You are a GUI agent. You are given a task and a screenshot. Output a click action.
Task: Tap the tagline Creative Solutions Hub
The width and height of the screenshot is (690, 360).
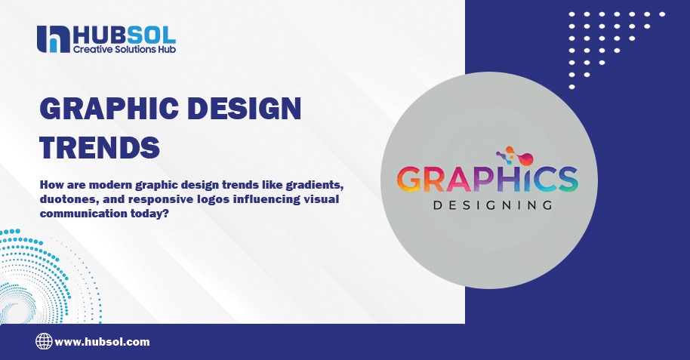coord(125,49)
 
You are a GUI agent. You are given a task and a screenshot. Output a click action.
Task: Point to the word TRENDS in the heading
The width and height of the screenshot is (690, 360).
coord(99,146)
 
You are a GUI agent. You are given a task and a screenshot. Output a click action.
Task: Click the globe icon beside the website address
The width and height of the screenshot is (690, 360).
coord(44,341)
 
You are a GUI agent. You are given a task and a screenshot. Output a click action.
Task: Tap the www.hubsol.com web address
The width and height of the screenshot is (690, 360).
coord(102,341)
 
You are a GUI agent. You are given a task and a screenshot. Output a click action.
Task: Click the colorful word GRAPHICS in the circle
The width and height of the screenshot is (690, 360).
coord(488,179)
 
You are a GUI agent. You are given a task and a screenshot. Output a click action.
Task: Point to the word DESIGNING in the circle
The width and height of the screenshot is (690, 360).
coord(488,205)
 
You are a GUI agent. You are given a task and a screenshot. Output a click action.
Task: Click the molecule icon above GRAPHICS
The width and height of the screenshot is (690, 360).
coord(520,155)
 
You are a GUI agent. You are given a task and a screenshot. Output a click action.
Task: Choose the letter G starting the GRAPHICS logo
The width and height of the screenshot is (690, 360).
coord(411,179)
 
